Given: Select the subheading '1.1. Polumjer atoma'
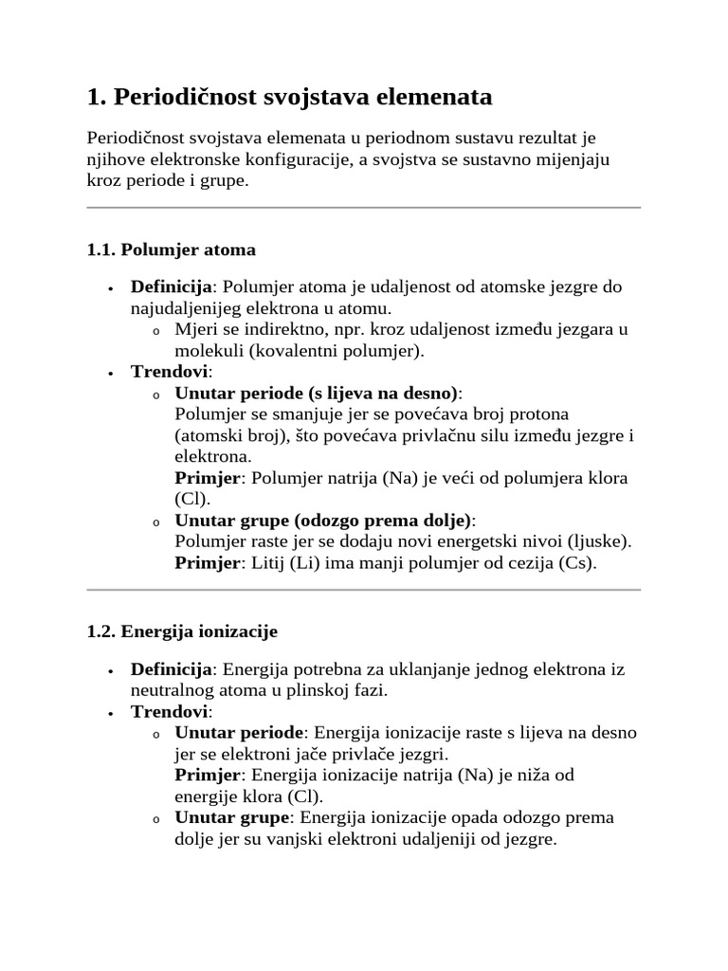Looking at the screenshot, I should pyautogui.click(x=171, y=250).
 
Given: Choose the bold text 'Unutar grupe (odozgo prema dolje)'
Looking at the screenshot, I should pyautogui.click(x=323, y=521).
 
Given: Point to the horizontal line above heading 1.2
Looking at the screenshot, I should pyautogui.click(x=363, y=590).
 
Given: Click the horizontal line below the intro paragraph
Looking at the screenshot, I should pyautogui.click(x=363, y=207).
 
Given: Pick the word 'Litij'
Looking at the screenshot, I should pyautogui.click(x=268, y=563).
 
